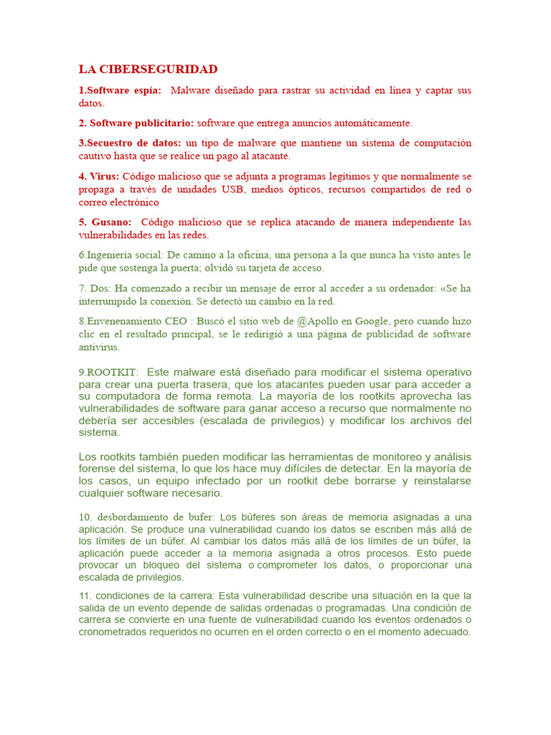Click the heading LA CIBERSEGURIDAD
coord(148,70)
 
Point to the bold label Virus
coord(105,176)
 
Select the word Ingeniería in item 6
coord(110,255)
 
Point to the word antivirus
coord(99,347)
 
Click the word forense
coord(97,469)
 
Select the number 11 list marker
coord(85,595)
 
